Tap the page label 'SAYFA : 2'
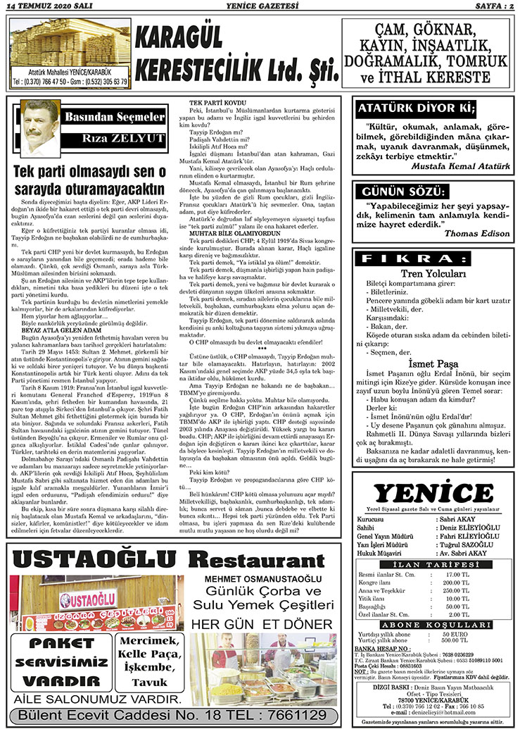click(488, 6)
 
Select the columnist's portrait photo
click(39, 127)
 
